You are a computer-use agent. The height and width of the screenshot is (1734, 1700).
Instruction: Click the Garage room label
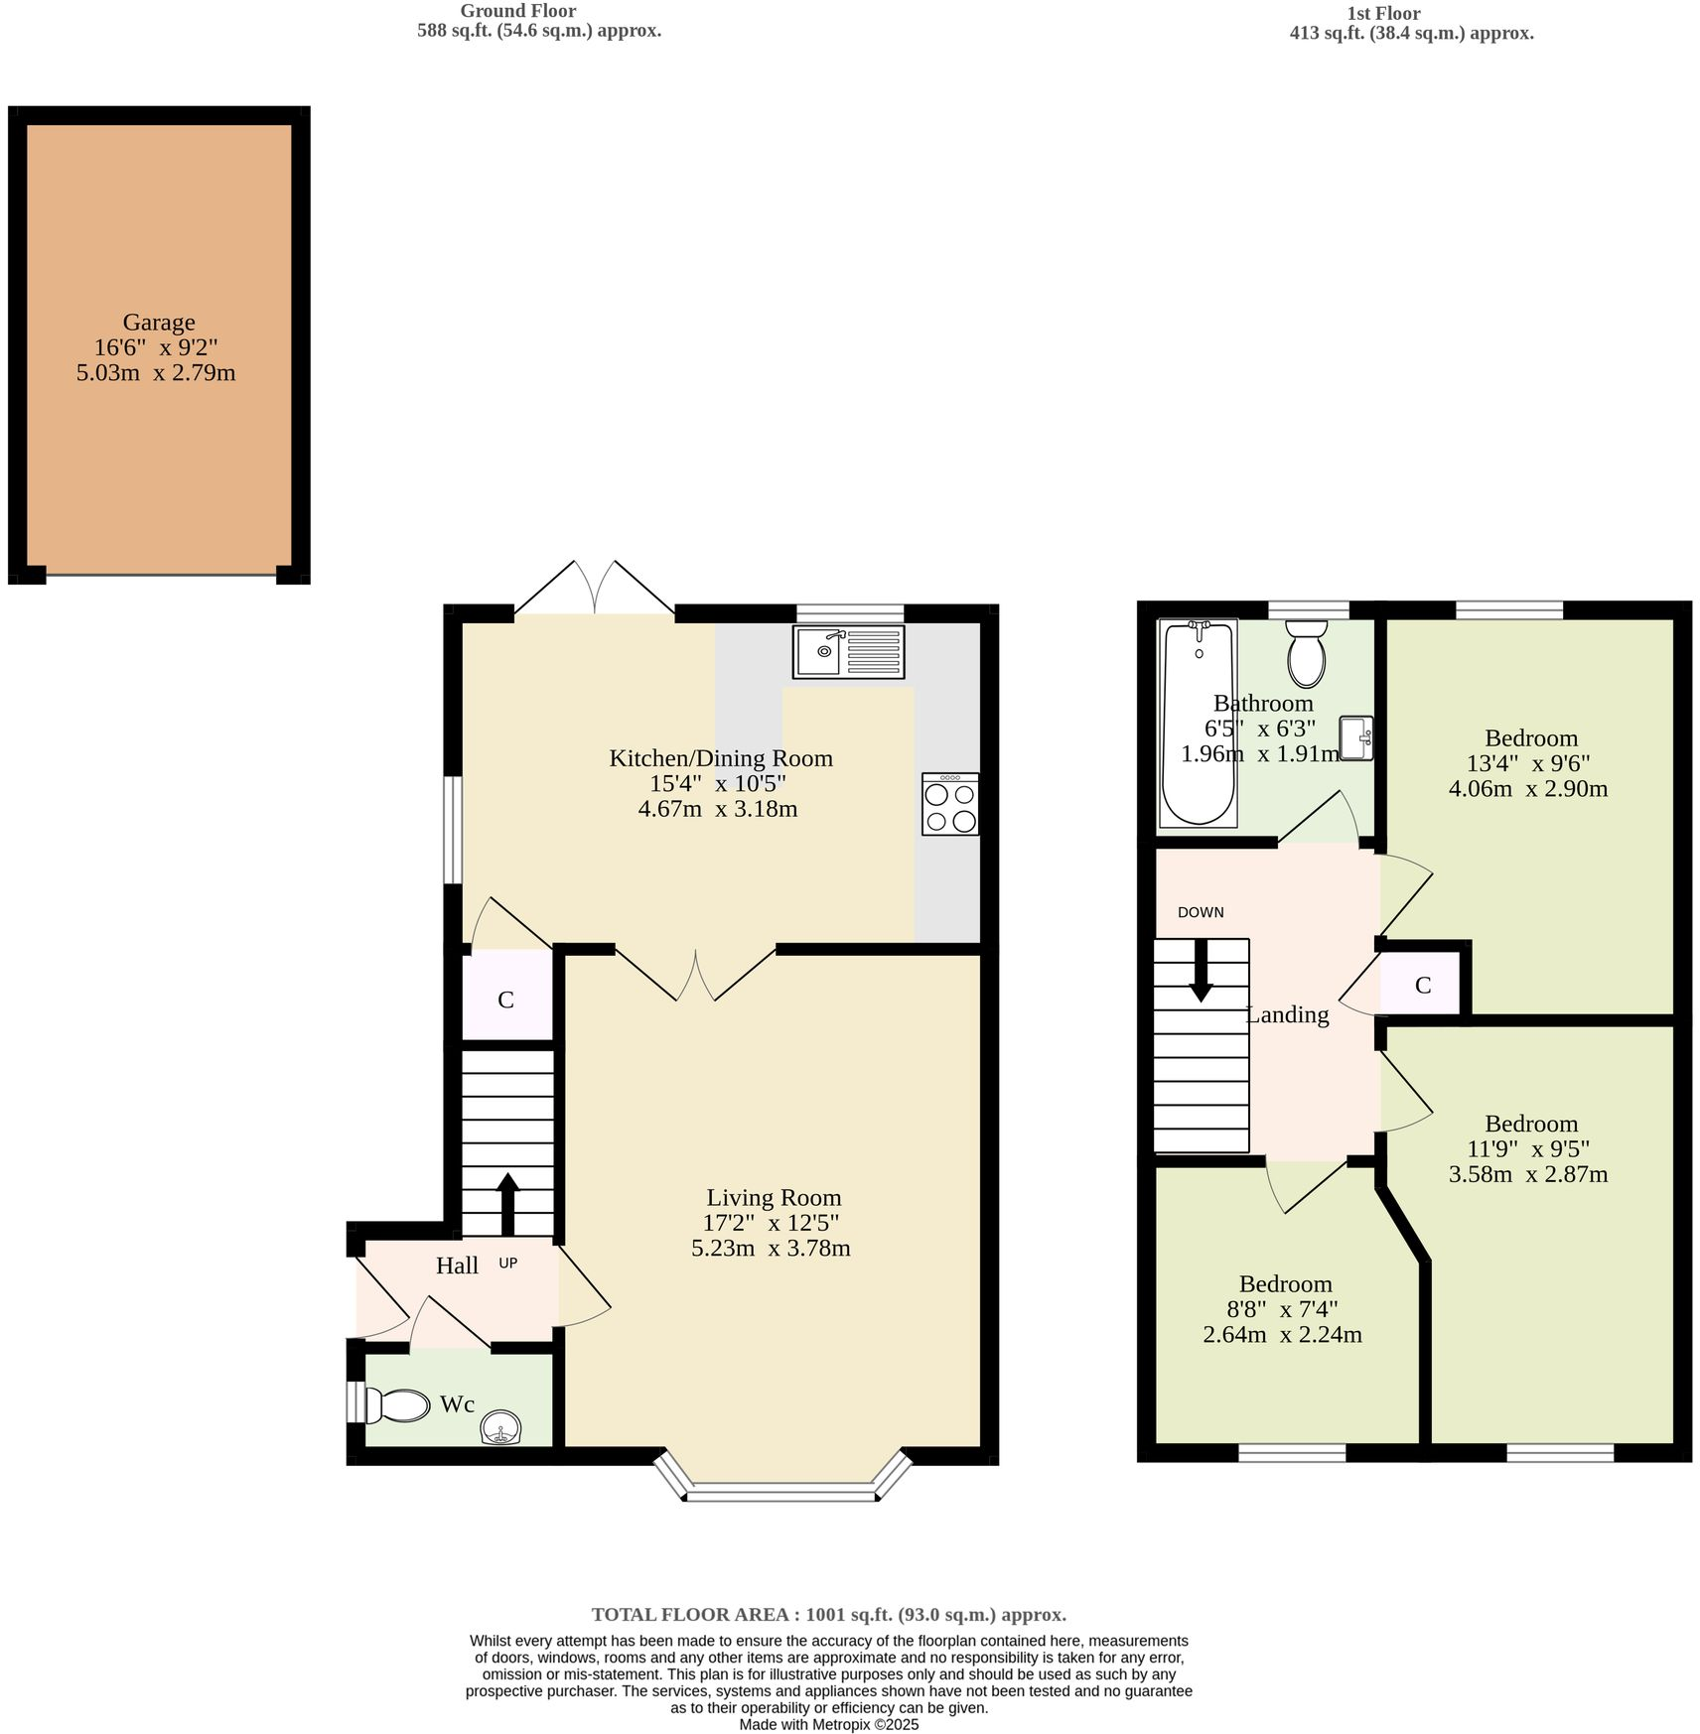[x=159, y=323]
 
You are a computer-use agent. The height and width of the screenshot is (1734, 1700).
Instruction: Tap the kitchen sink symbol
[x=848, y=651]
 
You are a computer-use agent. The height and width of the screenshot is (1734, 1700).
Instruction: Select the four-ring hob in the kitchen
[x=949, y=804]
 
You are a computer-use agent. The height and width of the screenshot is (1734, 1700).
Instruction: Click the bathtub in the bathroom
[x=1199, y=722]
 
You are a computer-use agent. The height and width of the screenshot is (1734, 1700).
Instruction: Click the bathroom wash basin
[x=1356, y=737]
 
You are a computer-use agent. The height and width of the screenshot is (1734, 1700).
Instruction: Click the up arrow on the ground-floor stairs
[x=507, y=1204]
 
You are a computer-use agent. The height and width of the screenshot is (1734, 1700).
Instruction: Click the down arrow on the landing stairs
[x=1201, y=971]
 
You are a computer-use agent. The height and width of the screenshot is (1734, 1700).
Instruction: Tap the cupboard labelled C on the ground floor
[x=505, y=1000]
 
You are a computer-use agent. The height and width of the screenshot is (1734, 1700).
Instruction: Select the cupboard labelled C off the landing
[x=1422, y=985]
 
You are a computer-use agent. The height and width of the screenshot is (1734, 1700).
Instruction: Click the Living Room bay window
[x=781, y=1490]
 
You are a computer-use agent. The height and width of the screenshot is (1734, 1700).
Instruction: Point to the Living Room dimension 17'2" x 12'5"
[x=771, y=1223]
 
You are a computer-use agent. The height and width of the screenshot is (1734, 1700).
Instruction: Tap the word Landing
[x=1287, y=1014]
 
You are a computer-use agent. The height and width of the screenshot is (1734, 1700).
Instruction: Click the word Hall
[x=457, y=1266]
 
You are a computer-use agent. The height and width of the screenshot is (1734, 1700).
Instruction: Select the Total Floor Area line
[x=828, y=1614]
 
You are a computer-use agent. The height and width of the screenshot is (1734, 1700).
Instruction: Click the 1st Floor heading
[x=1382, y=14]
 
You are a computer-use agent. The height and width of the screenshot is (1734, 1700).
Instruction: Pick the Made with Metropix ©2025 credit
[x=828, y=1725]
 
